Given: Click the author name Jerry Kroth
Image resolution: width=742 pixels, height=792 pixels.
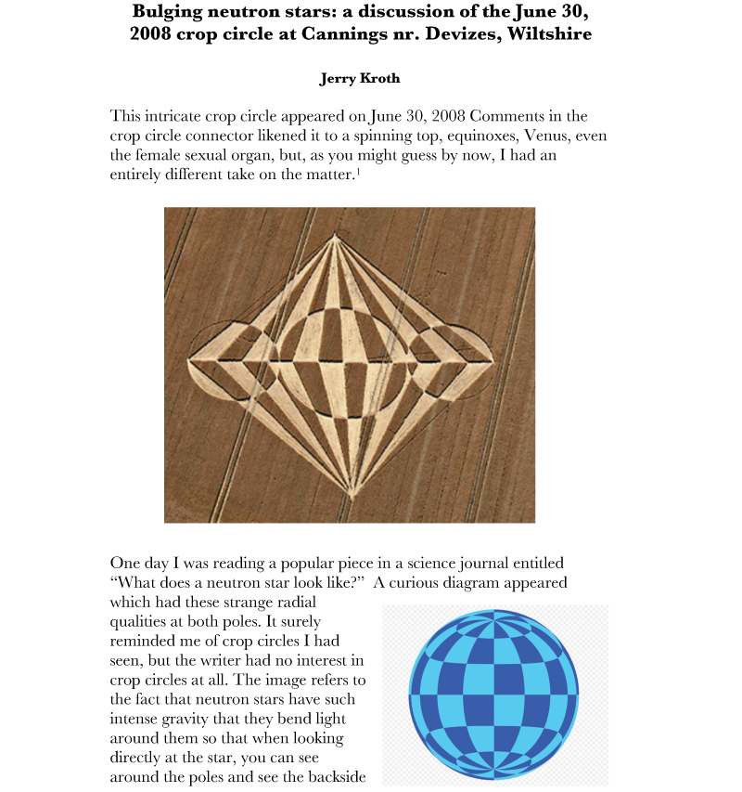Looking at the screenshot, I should point(361,79).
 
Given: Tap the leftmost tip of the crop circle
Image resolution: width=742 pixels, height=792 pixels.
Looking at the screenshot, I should point(188,358).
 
